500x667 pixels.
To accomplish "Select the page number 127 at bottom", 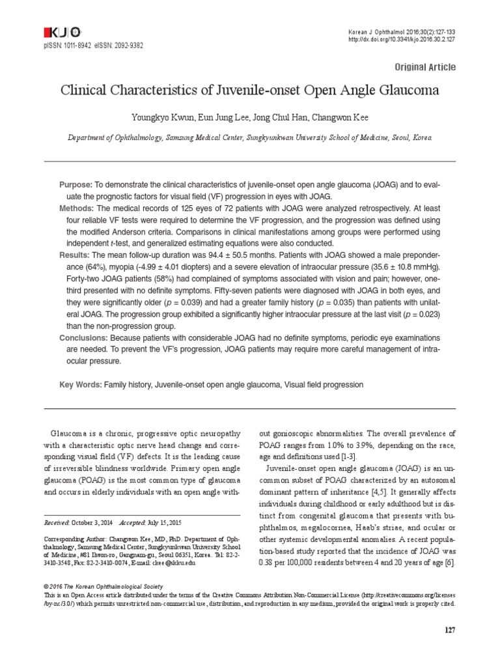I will pyautogui.click(x=449, y=630).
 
